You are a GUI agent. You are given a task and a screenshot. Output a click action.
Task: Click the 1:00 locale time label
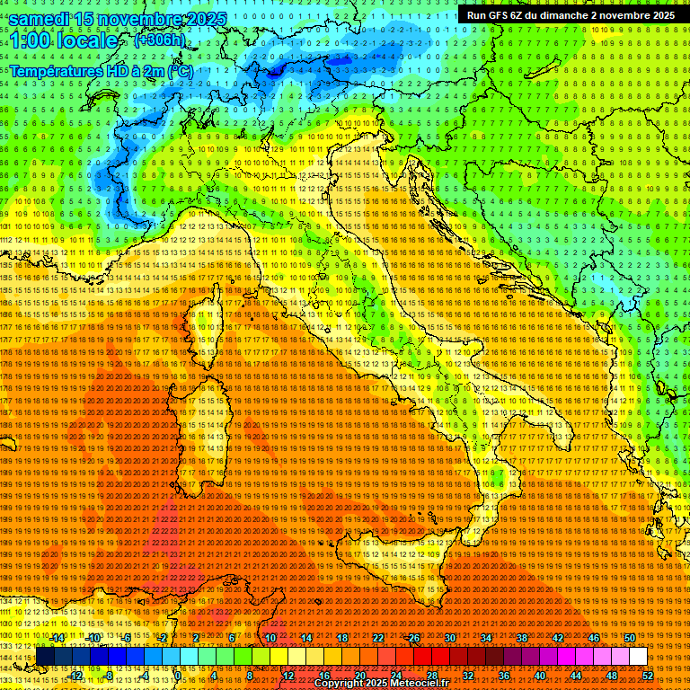click(65, 40)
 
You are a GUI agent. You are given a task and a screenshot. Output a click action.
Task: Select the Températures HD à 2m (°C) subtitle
click(101, 71)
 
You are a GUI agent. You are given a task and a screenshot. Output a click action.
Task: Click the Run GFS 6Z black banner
click(571, 15)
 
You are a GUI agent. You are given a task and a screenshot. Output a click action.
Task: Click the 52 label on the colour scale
click(647, 676)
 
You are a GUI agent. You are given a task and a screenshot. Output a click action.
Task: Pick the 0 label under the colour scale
click(179, 676)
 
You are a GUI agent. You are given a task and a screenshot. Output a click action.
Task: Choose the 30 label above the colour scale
click(449, 638)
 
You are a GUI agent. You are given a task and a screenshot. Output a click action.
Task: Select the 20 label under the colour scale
click(359, 676)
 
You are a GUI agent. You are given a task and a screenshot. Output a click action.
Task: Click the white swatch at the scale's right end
click(638, 657)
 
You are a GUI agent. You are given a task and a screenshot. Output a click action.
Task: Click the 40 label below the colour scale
click(539, 676)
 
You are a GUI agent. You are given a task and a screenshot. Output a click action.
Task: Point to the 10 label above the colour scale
click(270, 638)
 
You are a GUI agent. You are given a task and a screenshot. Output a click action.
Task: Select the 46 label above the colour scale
click(593, 638)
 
